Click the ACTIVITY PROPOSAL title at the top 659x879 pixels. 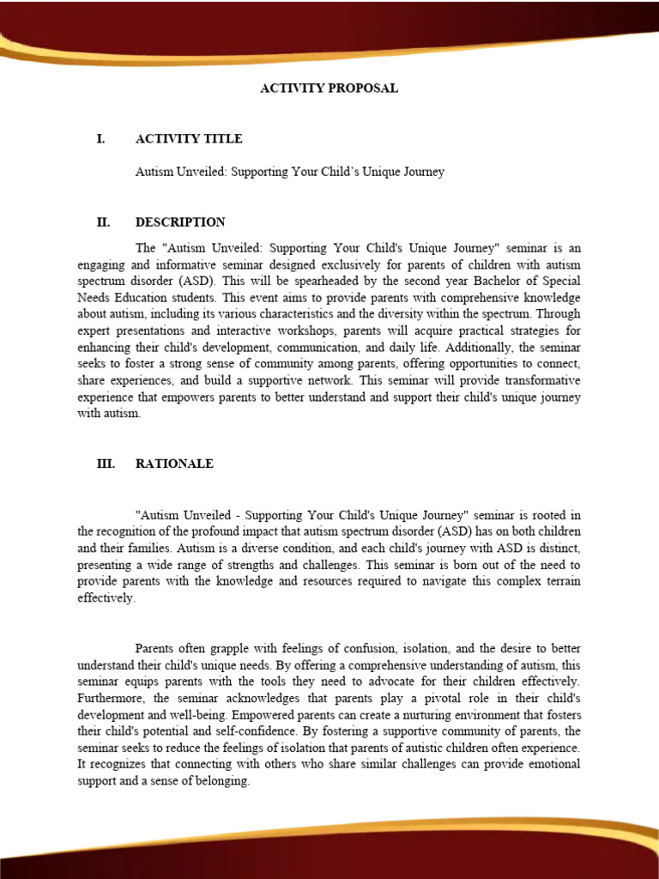(x=329, y=88)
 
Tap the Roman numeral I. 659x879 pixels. (x=100, y=138)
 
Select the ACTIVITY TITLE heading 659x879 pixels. (x=189, y=138)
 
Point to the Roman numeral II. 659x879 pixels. (x=103, y=221)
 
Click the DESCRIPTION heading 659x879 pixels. (x=180, y=221)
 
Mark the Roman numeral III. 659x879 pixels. (x=106, y=464)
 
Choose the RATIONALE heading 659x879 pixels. (x=174, y=464)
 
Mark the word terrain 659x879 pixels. (x=559, y=580)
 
